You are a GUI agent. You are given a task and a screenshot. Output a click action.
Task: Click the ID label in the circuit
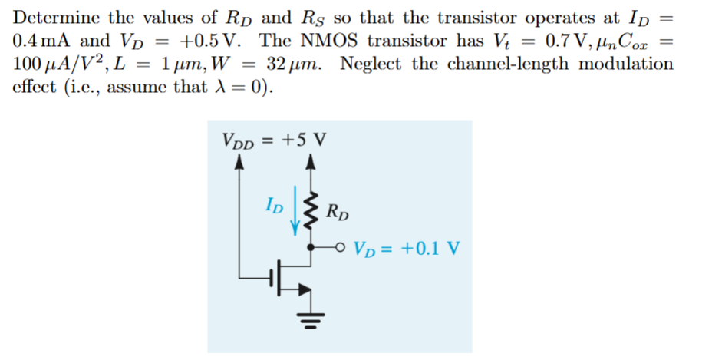[x=272, y=206]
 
